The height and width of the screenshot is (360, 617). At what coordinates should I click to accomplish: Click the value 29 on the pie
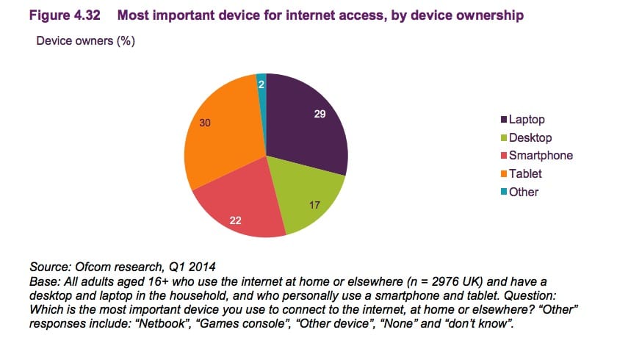pos(320,115)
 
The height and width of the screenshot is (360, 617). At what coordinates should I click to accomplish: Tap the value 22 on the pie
pos(236,220)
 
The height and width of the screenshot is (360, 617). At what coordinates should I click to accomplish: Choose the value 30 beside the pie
pos(206,123)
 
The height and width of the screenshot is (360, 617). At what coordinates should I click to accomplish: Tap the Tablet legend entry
pos(525,173)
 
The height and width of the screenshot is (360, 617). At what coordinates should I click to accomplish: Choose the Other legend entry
pos(524,192)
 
